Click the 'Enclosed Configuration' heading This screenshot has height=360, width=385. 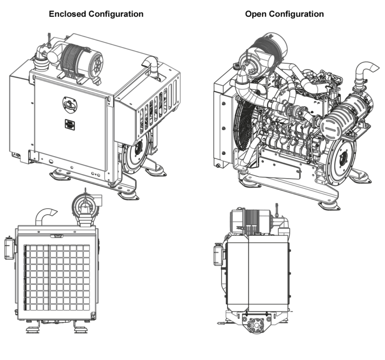point(96,14)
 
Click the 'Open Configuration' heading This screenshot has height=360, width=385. point(284,14)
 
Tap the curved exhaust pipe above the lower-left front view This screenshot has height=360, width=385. point(46,214)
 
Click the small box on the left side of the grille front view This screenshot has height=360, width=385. point(9,247)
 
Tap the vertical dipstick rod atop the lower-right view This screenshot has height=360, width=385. point(278,210)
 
